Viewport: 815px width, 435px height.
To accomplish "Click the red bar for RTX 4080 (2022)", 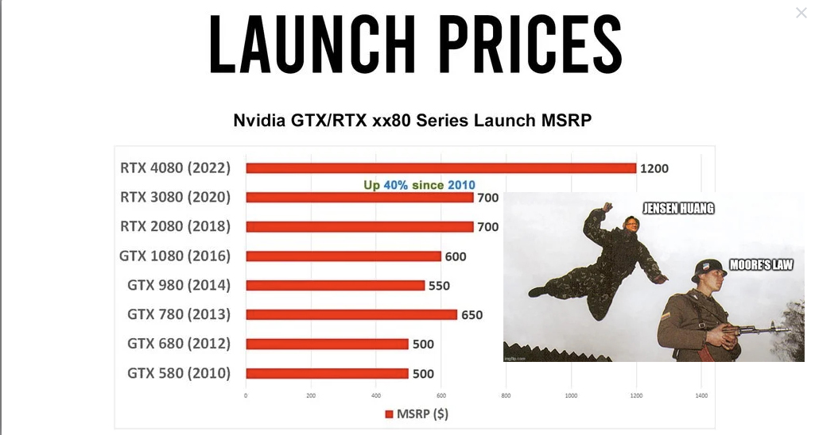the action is [x=440, y=168].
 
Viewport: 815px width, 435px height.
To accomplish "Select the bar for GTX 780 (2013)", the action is [x=351, y=314].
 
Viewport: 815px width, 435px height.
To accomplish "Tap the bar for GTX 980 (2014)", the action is [x=336, y=286].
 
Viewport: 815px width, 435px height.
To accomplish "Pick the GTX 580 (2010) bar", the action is [x=327, y=373].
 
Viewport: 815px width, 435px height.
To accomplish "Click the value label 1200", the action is [x=654, y=169].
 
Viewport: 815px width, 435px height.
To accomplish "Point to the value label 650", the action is [x=472, y=315].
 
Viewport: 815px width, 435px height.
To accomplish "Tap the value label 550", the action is [x=439, y=286].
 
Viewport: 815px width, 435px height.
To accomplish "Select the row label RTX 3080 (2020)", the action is [x=175, y=197].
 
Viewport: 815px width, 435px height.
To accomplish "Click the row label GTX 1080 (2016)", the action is [x=175, y=256].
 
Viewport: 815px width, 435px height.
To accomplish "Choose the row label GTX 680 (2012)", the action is [x=179, y=344].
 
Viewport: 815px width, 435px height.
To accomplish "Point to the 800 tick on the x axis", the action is [x=506, y=395].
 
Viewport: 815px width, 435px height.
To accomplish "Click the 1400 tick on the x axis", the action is [x=701, y=395].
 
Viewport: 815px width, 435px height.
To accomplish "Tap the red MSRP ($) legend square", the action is [x=389, y=414].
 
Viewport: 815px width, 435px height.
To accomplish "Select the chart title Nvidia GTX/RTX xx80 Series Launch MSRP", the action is [x=412, y=121].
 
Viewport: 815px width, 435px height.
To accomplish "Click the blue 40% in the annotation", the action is [x=395, y=185].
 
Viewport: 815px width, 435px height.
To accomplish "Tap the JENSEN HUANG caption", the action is [x=678, y=208].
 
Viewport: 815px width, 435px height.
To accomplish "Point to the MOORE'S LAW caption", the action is [x=762, y=265].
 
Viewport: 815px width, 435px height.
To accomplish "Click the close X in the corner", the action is [x=801, y=13].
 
